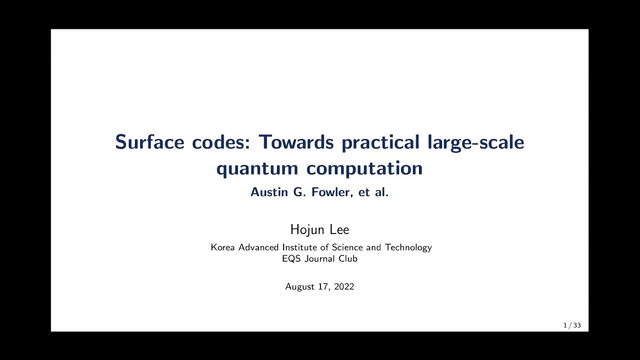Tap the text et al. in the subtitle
click(x=373, y=192)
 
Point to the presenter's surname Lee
click(x=339, y=230)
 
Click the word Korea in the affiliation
click(x=223, y=247)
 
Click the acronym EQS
click(x=292, y=259)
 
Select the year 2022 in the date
click(x=344, y=286)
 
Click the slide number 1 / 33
click(x=572, y=325)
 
